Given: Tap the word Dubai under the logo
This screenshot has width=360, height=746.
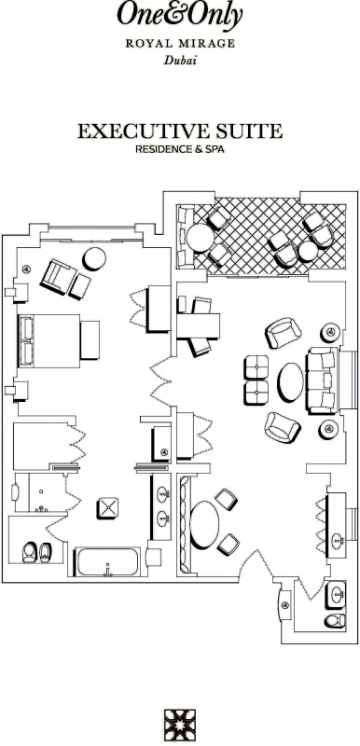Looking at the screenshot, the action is [180, 61].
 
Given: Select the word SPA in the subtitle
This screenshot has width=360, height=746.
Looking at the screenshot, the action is [215, 149].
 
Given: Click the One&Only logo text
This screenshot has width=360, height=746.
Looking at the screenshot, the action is [180, 15].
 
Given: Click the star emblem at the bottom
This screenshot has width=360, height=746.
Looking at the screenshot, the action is [180, 725].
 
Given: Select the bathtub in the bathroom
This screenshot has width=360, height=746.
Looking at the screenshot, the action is [107, 562].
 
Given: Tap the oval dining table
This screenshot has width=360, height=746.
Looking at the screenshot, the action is [204, 524].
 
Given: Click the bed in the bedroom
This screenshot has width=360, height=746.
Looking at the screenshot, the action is [49, 340].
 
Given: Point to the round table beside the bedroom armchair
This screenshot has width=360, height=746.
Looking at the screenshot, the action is [94, 259].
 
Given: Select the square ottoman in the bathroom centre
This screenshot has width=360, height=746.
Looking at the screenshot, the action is [107, 508].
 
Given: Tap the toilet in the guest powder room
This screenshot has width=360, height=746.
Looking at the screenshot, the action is [335, 620].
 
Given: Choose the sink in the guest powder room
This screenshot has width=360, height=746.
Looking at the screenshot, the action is [336, 594].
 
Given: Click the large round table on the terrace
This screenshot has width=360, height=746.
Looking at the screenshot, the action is [201, 238].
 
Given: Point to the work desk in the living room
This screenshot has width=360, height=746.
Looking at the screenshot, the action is [198, 325].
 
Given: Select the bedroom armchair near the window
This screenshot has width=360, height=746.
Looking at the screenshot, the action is [59, 277].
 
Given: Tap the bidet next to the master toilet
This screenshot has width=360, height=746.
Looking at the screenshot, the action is [45, 552].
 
